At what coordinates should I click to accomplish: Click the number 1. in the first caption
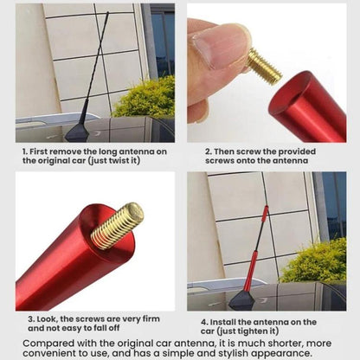pyautogui.click(x=25, y=151)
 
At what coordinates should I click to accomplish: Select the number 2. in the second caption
pyautogui.click(x=209, y=151)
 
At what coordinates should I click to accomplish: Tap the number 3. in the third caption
pyautogui.click(x=31, y=319)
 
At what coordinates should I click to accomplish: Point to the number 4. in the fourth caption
pyautogui.click(x=204, y=322)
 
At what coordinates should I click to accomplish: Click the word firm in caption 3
pyautogui.click(x=151, y=319)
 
